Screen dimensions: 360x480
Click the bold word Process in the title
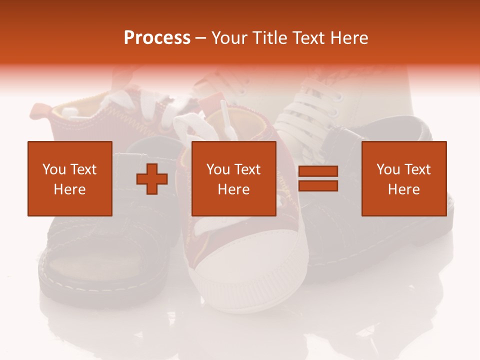pos(157,38)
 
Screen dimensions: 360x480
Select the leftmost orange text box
pos(69,178)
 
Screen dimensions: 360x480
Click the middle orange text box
pos(233,178)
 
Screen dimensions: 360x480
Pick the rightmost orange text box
pos(403,178)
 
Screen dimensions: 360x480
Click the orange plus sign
pos(152,178)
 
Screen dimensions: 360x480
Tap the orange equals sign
pos(318,178)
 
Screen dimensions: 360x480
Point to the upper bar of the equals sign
pos(318,171)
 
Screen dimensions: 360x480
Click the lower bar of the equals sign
pos(318,185)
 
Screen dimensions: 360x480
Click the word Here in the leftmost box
pos(69,189)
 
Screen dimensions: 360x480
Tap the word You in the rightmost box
pos(389,169)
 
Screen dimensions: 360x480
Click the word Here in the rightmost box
pos(403,189)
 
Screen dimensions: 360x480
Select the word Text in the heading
pos(308,38)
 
